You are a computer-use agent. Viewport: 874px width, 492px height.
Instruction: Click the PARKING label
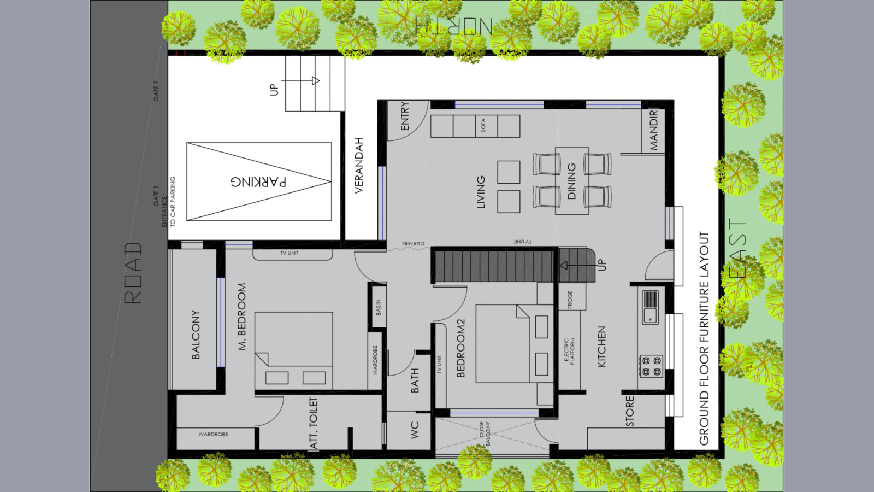coord(258,181)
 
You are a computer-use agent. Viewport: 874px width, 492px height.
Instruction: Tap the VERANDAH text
coord(359,165)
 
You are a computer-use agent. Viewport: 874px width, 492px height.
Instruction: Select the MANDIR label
coord(654,130)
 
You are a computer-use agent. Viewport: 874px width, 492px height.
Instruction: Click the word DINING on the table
coord(572,181)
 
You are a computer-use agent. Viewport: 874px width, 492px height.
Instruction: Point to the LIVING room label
coord(481,192)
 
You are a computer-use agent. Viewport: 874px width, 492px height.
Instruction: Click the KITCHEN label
coord(601,347)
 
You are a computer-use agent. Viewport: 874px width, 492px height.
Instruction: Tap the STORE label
coord(630,411)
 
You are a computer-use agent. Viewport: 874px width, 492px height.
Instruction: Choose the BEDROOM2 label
coord(460,348)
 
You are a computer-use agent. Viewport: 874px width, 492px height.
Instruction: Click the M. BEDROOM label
coord(242,317)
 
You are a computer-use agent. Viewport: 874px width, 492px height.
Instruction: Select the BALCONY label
coord(196,335)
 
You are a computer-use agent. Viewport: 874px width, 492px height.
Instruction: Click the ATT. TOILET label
coord(313,423)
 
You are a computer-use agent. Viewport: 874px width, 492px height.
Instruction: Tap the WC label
coord(415,430)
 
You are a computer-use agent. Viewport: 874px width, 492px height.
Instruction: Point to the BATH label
coord(415,380)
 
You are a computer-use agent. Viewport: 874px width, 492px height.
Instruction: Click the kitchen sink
coord(650,307)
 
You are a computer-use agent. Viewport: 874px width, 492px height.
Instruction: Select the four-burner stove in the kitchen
coord(651,366)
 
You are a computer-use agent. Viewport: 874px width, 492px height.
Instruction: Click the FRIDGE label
coord(570,300)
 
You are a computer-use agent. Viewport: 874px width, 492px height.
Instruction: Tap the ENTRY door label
coord(405,116)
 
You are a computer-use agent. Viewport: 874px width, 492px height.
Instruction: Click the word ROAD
coord(133,273)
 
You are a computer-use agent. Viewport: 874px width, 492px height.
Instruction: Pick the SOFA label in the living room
coord(483,126)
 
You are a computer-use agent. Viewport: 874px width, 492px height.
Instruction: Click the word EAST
coord(737,249)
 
